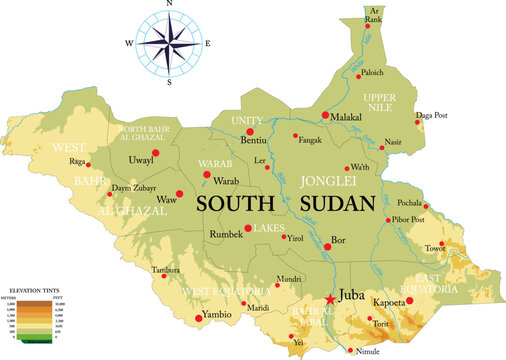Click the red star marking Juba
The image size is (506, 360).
330,298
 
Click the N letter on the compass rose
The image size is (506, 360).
170,5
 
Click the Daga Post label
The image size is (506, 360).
432,116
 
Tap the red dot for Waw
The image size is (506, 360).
180,193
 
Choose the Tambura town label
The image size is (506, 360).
166,271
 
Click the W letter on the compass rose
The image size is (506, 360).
129,44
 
